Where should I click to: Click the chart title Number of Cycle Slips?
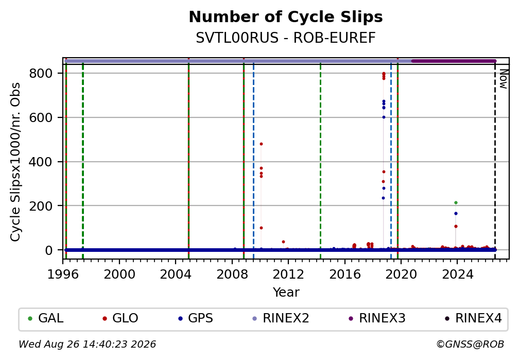pyautogui.click(x=286, y=17)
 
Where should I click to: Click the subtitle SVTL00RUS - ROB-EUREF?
pyautogui.click(x=286, y=38)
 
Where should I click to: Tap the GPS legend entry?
pyautogui.click(x=195, y=318)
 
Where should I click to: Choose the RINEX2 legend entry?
pyautogui.click(x=281, y=318)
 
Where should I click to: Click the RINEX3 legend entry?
pyautogui.click(x=377, y=318)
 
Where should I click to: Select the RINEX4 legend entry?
pyautogui.click(x=473, y=318)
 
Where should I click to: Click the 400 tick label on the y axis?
pyautogui.click(x=41, y=162)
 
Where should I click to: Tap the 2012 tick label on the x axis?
pyautogui.click(x=288, y=274)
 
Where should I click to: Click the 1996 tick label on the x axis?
pyautogui.click(x=63, y=274)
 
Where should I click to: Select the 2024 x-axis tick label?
pyautogui.click(x=457, y=274)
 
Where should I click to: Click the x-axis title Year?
pyautogui.click(x=286, y=292)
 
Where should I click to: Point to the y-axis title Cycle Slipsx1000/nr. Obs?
pyautogui.click(x=15, y=162)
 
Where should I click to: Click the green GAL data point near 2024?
pyautogui.click(x=456, y=203)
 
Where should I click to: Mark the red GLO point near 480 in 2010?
pyautogui.click(x=261, y=144)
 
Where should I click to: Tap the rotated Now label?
pyautogui.click(x=503, y=79)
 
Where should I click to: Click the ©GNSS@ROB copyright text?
pyautogui.click(x=471, y=345)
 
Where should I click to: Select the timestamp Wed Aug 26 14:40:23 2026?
pyautogui.click(x=87, y=345)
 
